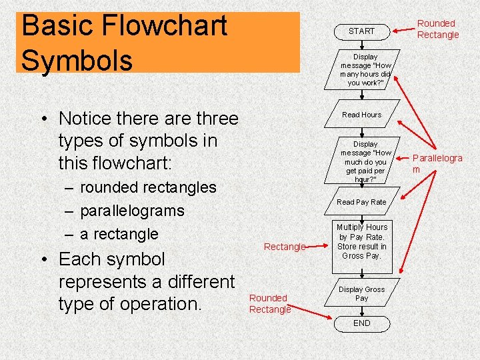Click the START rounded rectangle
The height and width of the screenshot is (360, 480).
pyautogui.click(x=361, y=31)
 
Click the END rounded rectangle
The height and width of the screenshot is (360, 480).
pyautogui.click(x=361, y=323)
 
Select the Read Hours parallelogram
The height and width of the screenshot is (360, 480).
pyautogui.click(x=361, y=115)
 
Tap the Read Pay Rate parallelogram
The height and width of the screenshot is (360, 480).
pyautogui.click(x=361, y=202)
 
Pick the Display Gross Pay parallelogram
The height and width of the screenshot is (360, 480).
pyautogui.click(x=361, y=293)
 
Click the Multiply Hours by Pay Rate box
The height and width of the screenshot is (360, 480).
pyautogui.click(x=361, y=241)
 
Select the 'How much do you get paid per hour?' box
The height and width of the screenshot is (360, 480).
pyautogui.click(x=365, y=161)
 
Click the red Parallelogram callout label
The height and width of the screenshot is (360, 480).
pyautogui.click(x=437, y=163)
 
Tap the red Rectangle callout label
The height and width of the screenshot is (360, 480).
pyautogui.click(x=284, y=247)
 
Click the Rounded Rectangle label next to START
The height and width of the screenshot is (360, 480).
pyautogui.click(x=437, y=29)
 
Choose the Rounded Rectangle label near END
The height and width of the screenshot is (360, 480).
pyautogui.click(x=269, y=303)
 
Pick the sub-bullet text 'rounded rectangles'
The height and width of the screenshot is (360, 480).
pyautogui.click(x=147, y=187)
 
